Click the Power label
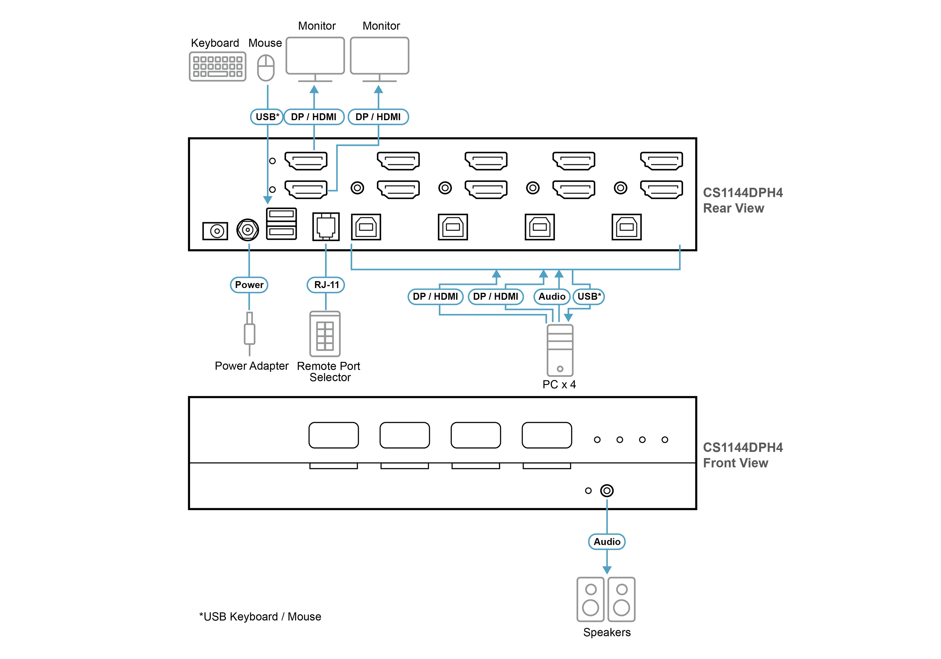point(249,285)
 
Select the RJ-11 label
point(326,285)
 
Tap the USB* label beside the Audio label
point(589,297)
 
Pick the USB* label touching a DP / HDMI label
point(267,117)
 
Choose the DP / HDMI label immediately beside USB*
point(314,117)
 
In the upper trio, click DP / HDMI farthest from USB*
point(378,117)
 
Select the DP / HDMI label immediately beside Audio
point(496,297)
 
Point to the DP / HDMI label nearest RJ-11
point(435,297)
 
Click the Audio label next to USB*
point(552,297)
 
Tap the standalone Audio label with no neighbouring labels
point(607,542)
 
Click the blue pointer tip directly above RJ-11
point(326,245)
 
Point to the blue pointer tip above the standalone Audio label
point(607,501)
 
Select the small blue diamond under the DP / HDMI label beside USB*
point(314,145)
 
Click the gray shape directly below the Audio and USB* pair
point(570,353)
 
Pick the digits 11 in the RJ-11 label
point(335,285)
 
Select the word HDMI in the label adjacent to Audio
point(506,297)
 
